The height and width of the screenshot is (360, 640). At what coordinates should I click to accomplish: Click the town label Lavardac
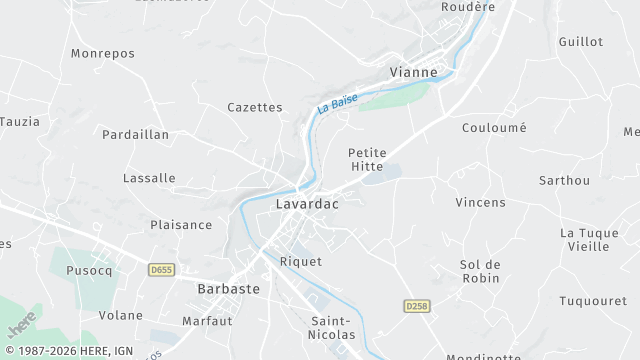point(307,204)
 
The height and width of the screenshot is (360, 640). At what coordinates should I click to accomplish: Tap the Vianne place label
point(413,72)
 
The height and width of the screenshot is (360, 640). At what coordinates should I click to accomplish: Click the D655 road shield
point(160,270)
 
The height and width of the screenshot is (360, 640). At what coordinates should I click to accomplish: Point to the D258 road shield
point(417,305)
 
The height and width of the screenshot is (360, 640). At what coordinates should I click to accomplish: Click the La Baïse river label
point(338,102)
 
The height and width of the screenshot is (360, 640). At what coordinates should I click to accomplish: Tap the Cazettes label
point(255,107)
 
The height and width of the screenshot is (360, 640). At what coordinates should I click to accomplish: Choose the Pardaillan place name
point(136,134)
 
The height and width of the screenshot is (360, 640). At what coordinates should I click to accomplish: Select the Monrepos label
point(103,52)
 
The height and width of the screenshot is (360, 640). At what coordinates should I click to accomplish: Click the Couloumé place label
point(494,128)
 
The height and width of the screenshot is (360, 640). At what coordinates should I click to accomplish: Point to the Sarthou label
point(564,181)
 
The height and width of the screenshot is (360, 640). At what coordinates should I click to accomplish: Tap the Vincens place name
point(480,202)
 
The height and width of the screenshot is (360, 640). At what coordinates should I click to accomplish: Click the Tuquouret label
point(592,301)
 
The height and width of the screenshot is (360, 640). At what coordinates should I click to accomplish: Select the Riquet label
point(301,261)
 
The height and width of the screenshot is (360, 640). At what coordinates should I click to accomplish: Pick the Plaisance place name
point(181,225)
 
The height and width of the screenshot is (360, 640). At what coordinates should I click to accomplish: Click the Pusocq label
point(90,271)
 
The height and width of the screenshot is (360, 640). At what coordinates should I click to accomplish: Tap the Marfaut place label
point(207,321)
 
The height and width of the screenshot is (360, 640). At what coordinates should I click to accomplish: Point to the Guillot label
point(581,42)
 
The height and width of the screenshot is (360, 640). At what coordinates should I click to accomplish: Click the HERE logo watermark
point(22,324)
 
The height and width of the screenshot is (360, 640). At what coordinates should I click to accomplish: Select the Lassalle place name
point(149,178)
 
